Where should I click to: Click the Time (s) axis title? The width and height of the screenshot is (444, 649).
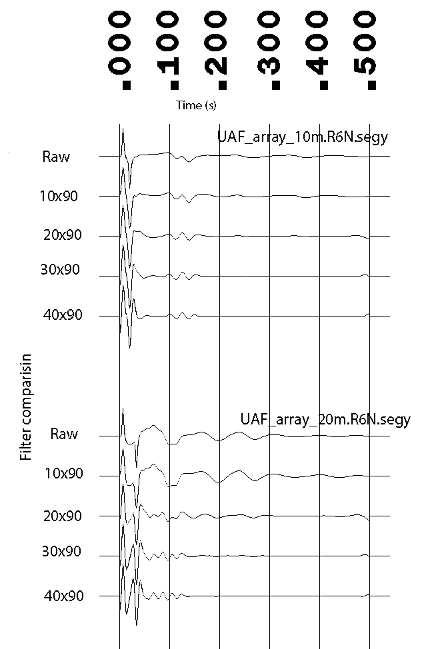pos(196,105)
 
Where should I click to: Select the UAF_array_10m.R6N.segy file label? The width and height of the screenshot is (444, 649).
pos(303,138)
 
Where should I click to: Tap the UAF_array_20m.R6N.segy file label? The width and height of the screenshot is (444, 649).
pos(325,420)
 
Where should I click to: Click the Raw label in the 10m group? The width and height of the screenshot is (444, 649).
pos(56,157)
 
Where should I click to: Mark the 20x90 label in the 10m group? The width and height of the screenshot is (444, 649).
pos(60,236)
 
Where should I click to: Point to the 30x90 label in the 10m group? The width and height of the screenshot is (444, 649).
pos(60,271)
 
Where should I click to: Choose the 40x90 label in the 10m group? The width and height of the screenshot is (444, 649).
pos(62,315)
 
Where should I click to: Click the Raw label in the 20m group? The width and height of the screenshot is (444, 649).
pos(64,434)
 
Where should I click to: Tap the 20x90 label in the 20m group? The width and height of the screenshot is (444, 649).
pos(62,516)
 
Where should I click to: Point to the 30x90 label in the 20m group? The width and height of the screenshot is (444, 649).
pos(62,552)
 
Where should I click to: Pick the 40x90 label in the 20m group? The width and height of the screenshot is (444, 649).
pos(63,596)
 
